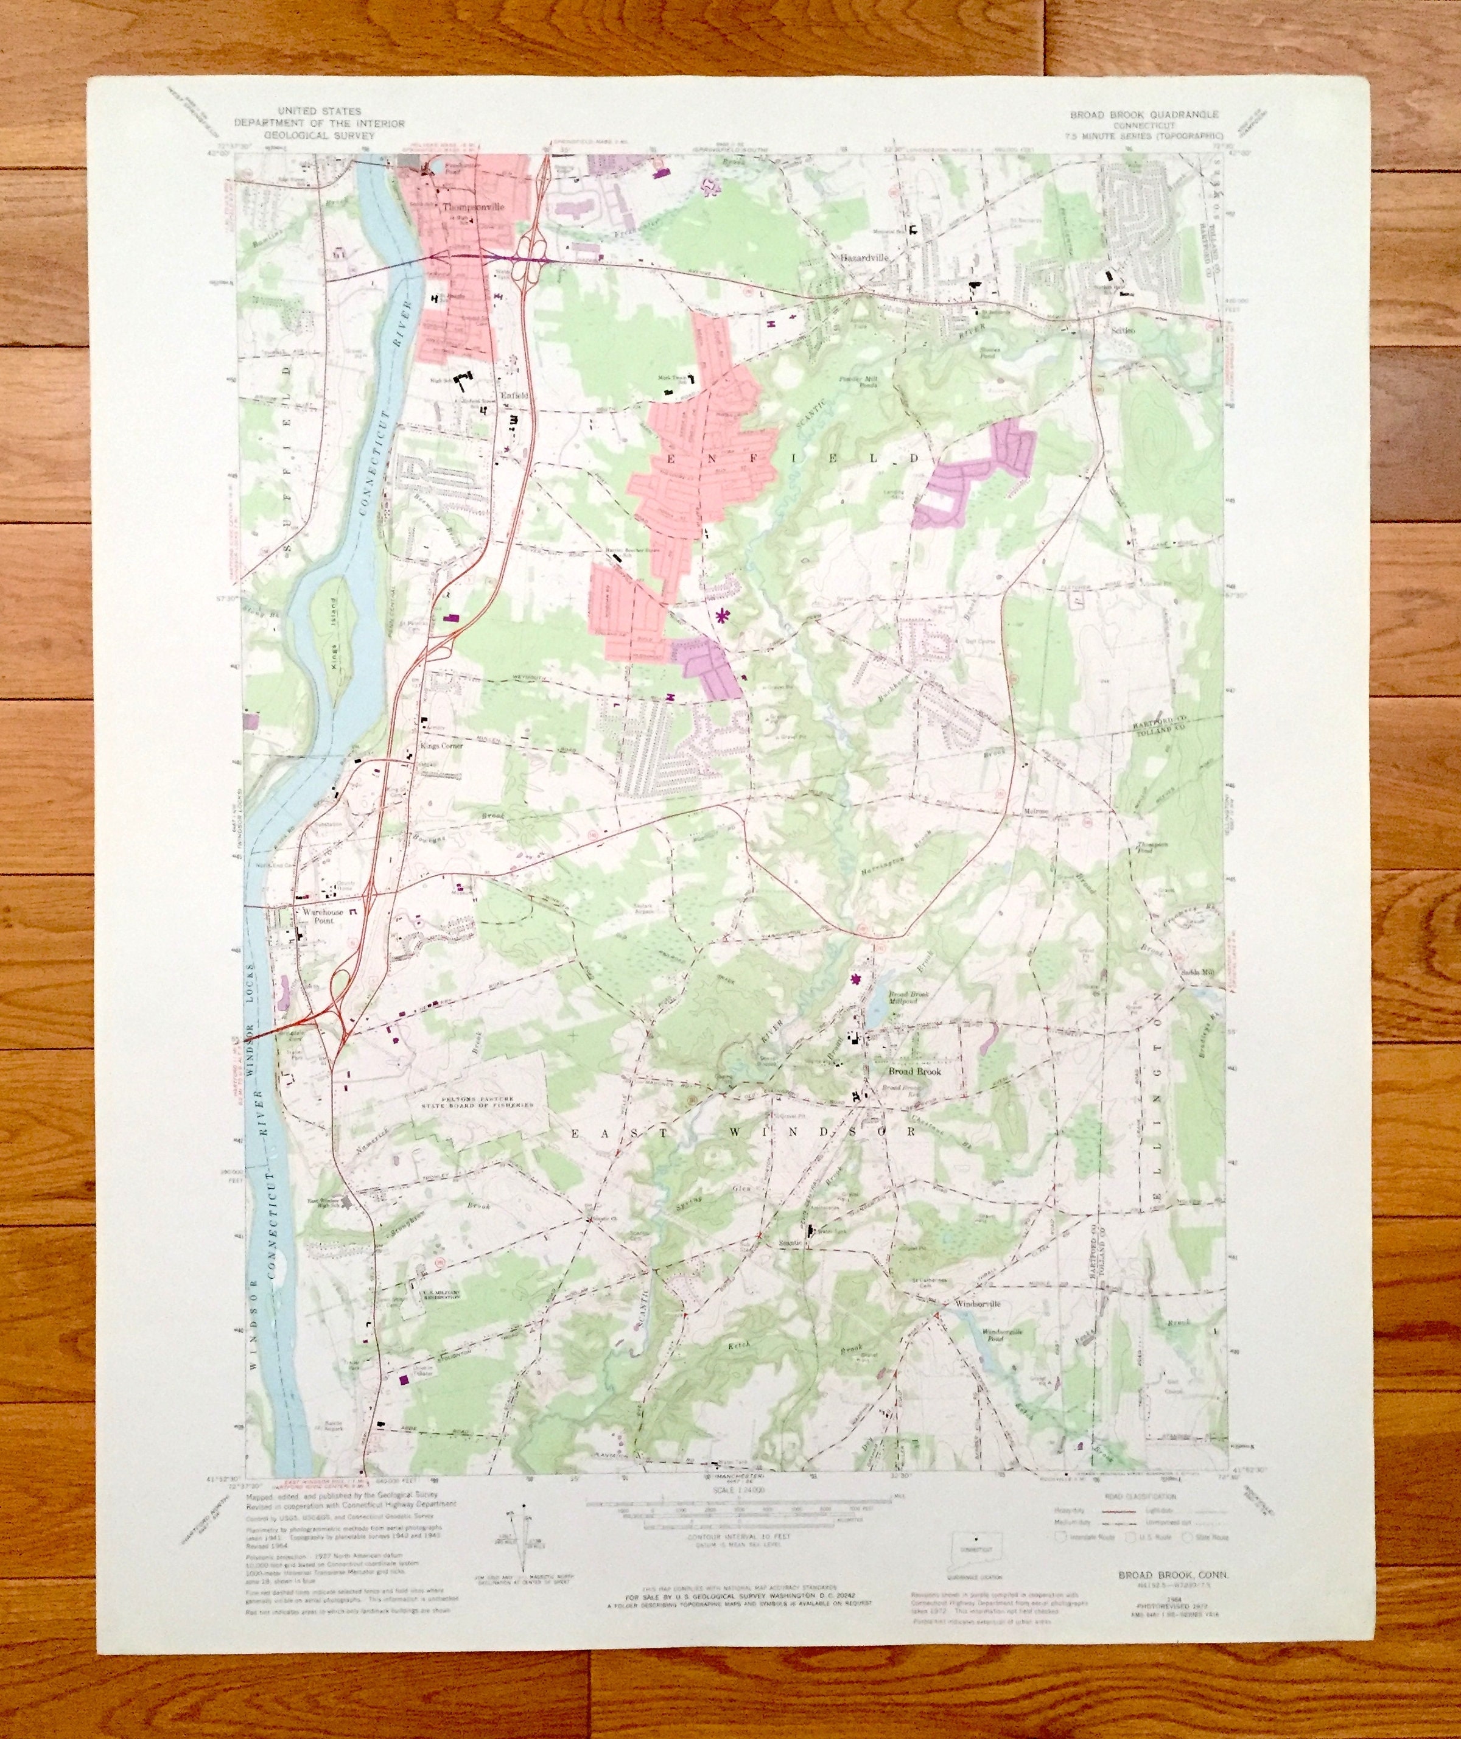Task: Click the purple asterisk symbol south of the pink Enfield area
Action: point(723,614)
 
